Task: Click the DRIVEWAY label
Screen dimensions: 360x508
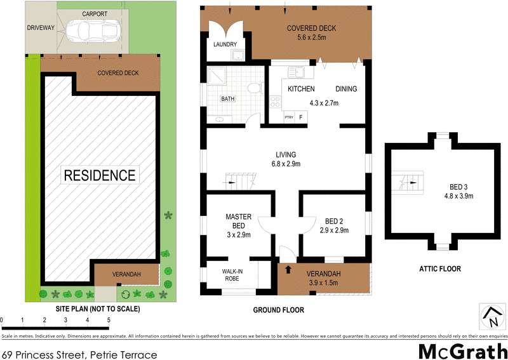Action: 41,28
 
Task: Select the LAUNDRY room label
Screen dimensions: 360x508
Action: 225,44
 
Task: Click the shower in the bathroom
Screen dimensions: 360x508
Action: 217,77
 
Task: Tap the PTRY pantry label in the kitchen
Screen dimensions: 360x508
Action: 289,117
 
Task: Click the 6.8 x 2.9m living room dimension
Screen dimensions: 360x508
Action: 285,164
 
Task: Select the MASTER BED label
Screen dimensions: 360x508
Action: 239,221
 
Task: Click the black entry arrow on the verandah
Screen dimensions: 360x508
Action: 290,269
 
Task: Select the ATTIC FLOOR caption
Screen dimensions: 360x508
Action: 439,269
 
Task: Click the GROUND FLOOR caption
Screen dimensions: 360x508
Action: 279,310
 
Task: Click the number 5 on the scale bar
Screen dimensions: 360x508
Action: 109,320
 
